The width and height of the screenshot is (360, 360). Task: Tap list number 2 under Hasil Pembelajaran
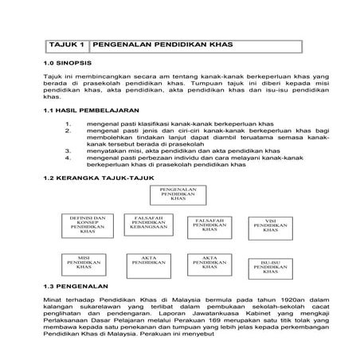coord(69,133)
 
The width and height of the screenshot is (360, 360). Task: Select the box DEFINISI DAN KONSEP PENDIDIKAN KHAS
coord(88,225)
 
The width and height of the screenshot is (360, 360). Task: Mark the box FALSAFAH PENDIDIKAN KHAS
coord(209,226)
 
